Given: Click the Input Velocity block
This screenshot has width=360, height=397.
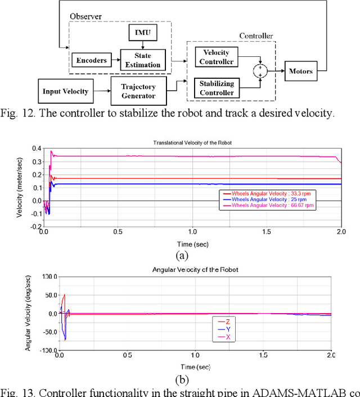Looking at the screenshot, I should (x=65, y=91).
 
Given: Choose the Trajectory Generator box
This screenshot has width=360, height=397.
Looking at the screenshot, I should (x=138, y=90).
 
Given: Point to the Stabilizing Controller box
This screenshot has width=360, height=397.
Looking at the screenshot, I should (x=217, y=87).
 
